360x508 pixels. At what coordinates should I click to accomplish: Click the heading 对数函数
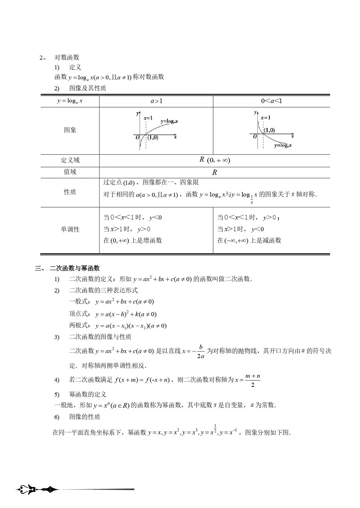coord(67,58)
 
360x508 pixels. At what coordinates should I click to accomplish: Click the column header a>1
coord(156,101)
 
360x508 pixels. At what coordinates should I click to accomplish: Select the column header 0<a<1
coord(271,101)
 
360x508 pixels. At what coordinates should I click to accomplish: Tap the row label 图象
coord(70,130)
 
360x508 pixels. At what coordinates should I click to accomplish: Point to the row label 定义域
coord(70,160)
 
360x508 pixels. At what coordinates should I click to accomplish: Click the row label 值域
coord(70,172)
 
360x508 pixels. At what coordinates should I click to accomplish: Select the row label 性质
coord(70,192)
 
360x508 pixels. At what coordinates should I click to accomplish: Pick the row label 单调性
coord(70,229)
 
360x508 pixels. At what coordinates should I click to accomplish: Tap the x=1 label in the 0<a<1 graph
coord(266,117)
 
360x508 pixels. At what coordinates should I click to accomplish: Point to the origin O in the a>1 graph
coord(137,138)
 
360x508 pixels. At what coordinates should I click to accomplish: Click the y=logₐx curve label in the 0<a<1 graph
coord(283,146)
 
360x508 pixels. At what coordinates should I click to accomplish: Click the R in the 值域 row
coord(215,172)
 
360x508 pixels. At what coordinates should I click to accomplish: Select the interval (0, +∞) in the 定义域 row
coord(218,160)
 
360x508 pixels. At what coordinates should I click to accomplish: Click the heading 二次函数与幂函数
coord(74,268)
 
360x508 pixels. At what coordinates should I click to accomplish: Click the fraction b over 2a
coord(201,351)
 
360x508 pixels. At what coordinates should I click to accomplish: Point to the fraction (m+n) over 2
coord(253,380)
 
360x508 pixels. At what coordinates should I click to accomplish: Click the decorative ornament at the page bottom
coord(37,490)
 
